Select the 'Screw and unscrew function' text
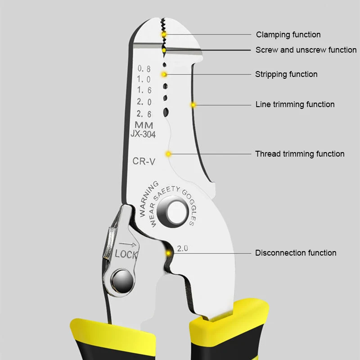pos(306,50)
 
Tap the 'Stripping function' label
pos(286,74)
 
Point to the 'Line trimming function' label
pos(295,104)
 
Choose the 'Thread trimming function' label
pos(300,154)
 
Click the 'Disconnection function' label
pos(296,253)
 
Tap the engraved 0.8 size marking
pos(144,69)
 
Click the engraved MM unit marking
pos(144,125)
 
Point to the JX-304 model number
pos(143,134)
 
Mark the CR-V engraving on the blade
pos(144,161)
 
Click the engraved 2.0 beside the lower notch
pos(183,248)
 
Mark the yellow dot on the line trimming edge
pos(193,105)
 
